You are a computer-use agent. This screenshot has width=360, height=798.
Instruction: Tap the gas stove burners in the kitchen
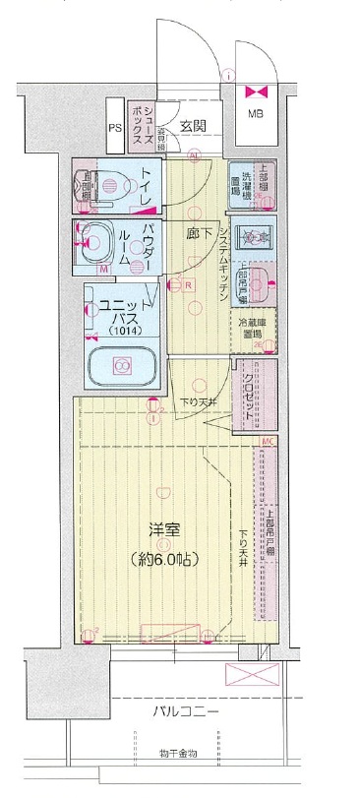click(255, 237)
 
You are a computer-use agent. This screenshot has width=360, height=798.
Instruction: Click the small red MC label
click(267, 442)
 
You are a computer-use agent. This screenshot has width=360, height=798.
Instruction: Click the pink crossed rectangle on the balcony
click(254, 676)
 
